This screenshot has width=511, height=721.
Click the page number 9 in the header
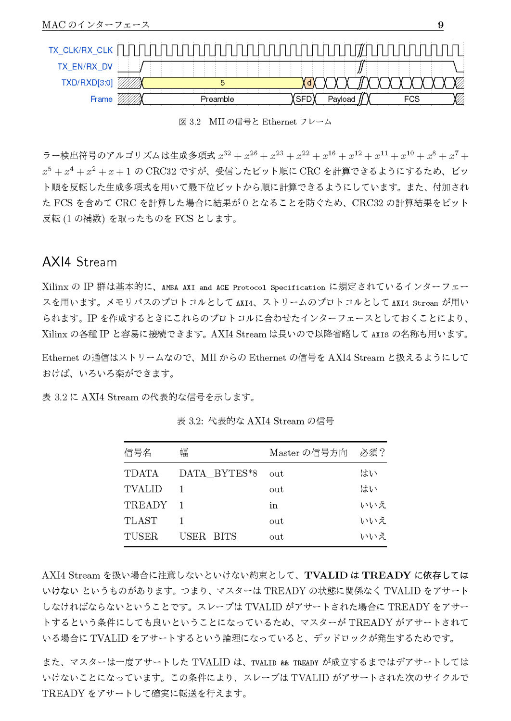pos(440,25)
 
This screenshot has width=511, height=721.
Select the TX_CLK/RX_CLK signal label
pos(80,50)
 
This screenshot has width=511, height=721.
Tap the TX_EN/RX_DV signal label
pos(85,67)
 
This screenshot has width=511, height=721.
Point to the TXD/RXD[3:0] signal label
pos(87,83)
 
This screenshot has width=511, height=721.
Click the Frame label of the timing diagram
pos(101,99)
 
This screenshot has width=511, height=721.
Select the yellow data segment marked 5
pos(222,83)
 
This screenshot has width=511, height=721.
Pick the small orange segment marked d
pos(309,83)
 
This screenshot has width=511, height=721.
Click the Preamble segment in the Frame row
pos(217,99)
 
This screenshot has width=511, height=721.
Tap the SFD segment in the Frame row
pos(304,99)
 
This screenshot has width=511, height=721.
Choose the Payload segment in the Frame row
pos(341,99)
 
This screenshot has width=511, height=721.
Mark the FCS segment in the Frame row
pos(411,99)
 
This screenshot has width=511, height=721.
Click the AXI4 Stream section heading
pos(79,262)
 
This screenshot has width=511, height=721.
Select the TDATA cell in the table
pos(141,473)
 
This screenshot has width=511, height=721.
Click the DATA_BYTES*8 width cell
pos(218,473)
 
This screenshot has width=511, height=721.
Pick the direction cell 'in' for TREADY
pos(273,505)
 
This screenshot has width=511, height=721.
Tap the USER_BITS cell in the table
pos(208,536)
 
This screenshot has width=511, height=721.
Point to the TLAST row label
pos(141,521)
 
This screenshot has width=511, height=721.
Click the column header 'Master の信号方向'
pos(308,453)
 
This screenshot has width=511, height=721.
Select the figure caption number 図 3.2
pos(190,122)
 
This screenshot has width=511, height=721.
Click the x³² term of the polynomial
pos(224,155)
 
